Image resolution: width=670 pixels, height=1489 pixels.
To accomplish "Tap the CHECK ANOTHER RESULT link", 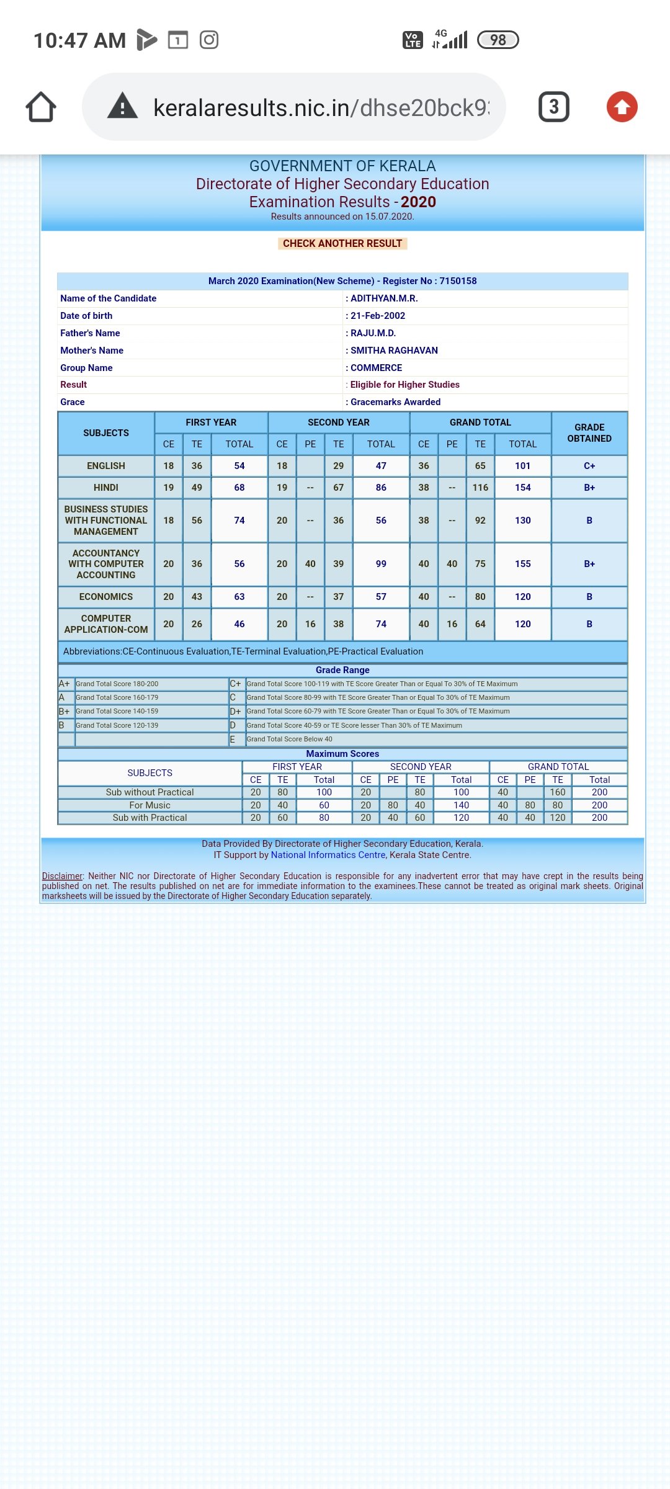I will [342, 243].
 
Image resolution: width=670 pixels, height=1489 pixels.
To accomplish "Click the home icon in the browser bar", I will [41, 107].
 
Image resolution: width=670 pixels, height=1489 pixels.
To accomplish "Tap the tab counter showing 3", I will [553, 107].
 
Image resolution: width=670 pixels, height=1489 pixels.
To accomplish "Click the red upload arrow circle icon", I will [622, 107].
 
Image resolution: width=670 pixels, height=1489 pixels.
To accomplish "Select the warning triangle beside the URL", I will [122, 106].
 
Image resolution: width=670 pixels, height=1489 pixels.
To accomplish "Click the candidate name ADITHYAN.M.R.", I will [384, 298].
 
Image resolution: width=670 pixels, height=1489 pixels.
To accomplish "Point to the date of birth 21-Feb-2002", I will [378, 316].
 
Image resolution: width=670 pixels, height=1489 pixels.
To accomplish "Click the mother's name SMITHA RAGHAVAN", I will [394, 351].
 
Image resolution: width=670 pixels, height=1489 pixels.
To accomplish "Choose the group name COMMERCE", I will [376, 368].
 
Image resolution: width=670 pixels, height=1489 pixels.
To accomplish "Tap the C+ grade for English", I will [589, 466].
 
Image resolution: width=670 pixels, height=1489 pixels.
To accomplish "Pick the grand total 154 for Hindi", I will [522, 488].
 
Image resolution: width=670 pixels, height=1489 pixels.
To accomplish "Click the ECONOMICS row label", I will [106, 597].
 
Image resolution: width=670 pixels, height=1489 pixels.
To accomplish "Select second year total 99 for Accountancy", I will [381, 564].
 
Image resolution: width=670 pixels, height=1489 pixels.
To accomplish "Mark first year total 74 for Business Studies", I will [239, 521].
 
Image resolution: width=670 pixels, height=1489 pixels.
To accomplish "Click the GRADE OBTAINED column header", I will [589, 433].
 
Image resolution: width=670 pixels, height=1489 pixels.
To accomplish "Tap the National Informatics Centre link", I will [328, 855].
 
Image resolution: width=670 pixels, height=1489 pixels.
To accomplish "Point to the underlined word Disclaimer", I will [62, 876].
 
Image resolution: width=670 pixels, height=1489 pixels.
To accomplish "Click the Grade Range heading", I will [342, 670].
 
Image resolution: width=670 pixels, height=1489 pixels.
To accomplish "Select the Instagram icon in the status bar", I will [209, 40].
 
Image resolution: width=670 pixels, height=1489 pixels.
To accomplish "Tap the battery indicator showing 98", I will [498, 40].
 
